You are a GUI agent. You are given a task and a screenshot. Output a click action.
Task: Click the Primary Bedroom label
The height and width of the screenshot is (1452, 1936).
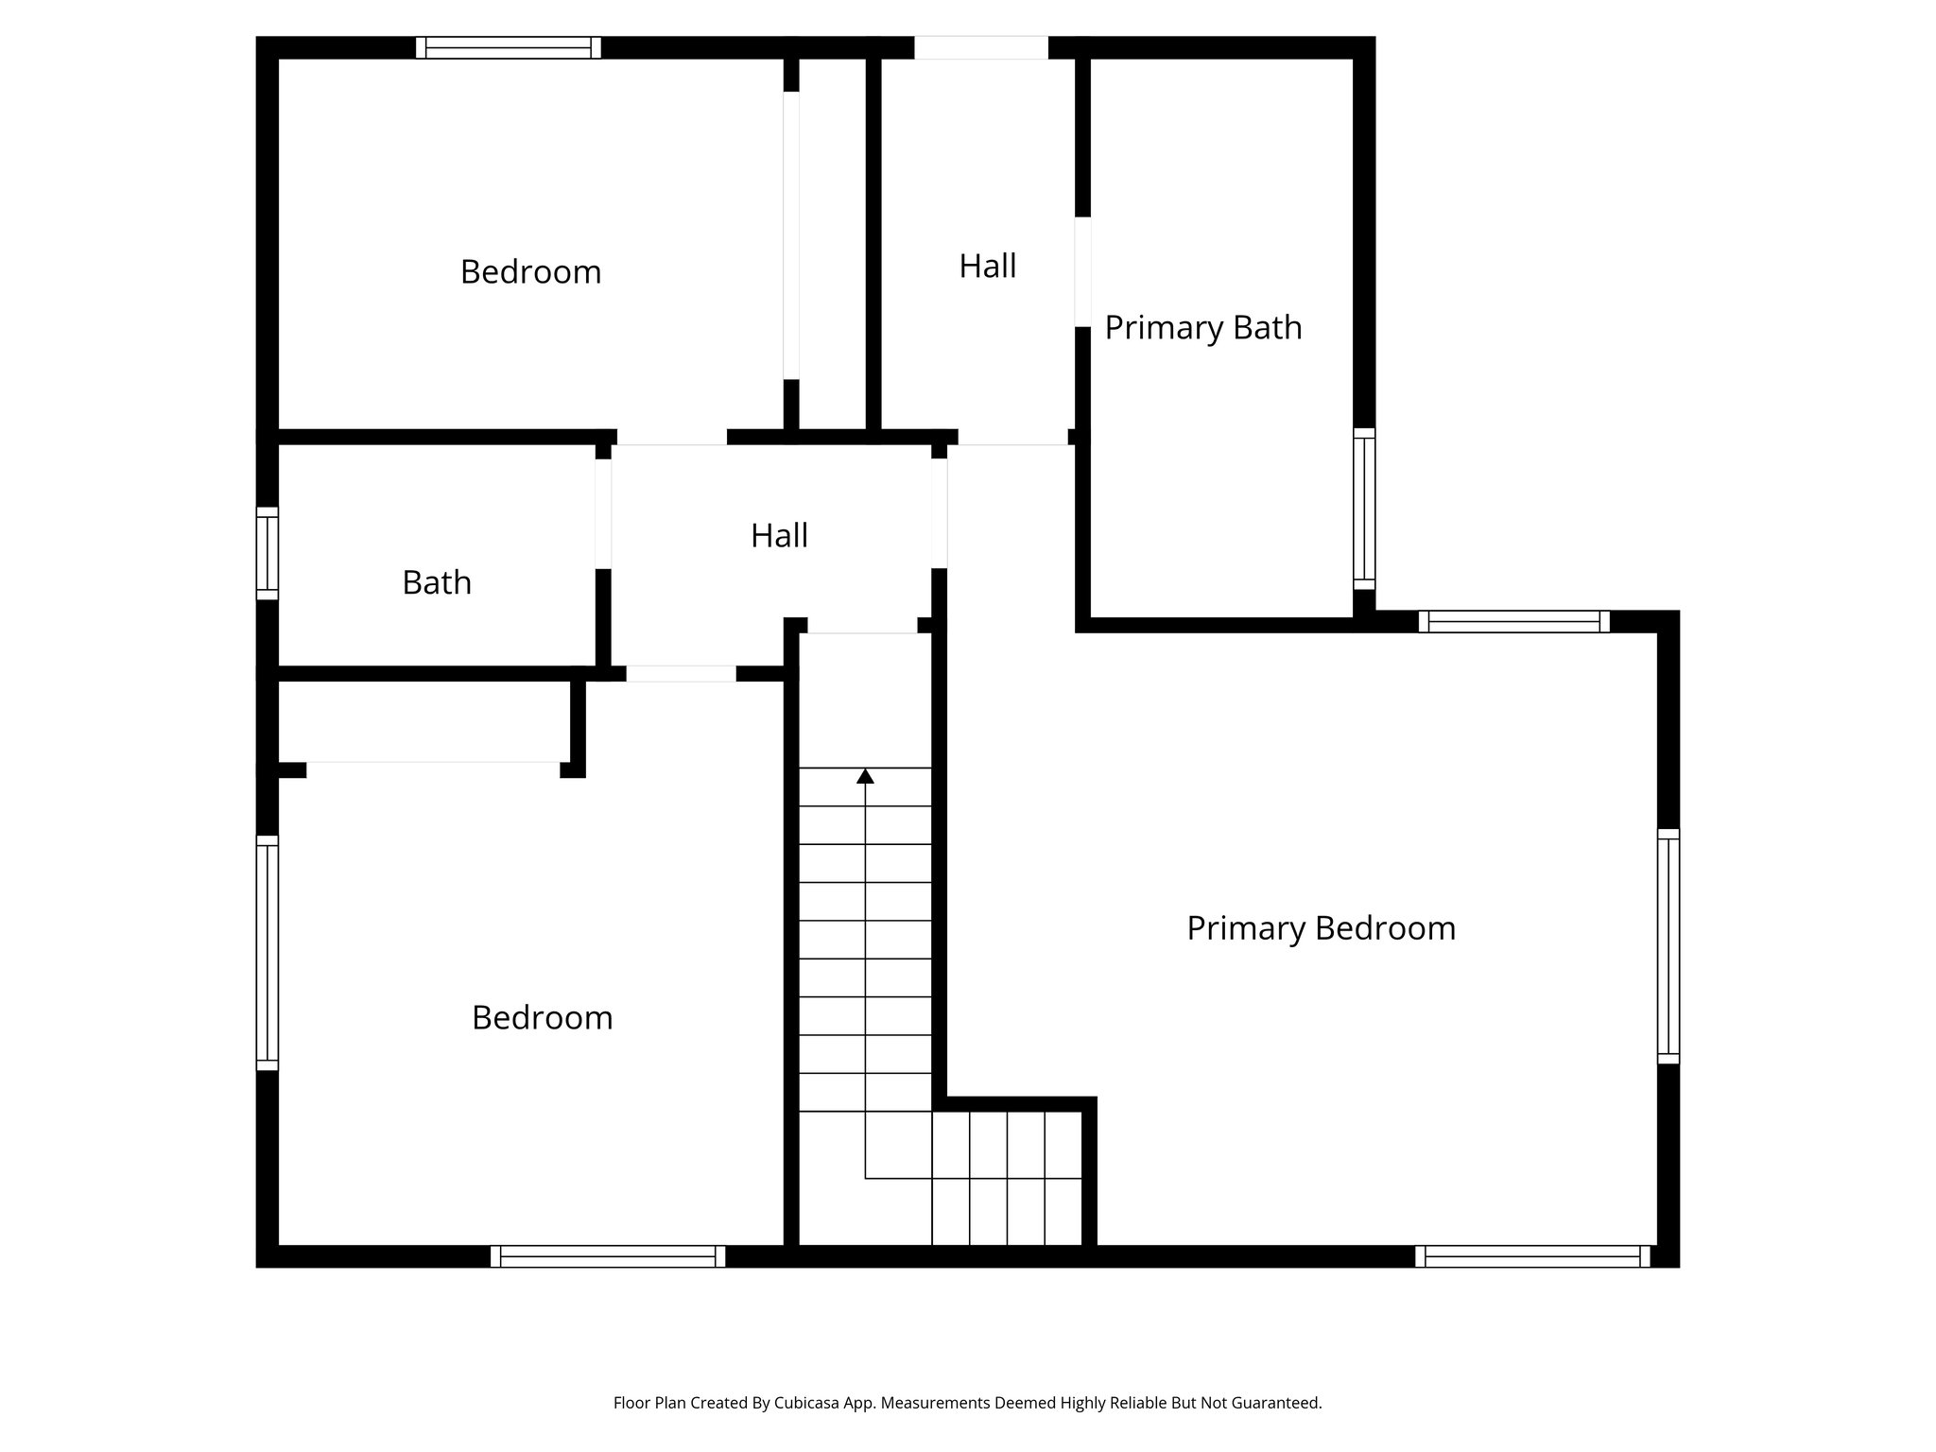click(1321, 928)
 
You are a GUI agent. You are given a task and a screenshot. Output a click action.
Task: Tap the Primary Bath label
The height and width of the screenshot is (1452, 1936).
click(1202, 328)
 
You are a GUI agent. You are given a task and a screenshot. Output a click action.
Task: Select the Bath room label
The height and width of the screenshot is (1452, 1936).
click(436, 582)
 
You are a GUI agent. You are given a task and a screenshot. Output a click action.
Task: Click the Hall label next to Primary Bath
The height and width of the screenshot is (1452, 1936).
click(987, 267)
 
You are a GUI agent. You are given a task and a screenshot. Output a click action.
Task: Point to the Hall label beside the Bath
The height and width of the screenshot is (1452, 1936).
click(779, 536)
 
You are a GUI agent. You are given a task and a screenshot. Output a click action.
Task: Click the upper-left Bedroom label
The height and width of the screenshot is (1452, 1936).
click(530, 272)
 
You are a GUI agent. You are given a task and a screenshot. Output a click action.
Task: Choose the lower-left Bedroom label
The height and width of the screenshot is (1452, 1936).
click(542, 1018)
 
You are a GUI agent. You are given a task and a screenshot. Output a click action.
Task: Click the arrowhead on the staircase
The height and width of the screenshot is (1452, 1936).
click(865, 776)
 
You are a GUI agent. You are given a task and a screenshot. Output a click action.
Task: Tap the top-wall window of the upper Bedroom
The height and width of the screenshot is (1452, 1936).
click(508, 47)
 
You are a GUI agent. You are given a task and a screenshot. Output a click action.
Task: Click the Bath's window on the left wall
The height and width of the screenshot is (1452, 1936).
click(268, 553)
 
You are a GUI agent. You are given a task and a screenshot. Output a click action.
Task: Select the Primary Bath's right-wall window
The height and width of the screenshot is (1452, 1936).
click(1363, 509)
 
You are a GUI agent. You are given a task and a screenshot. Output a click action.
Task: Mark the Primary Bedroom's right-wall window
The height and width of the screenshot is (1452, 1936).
click(1668, 946)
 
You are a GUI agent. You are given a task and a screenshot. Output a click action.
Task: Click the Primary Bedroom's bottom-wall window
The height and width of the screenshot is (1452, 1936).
click(1531, 1256)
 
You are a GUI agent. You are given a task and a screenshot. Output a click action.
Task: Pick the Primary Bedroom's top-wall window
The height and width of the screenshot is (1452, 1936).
click(1513, 621)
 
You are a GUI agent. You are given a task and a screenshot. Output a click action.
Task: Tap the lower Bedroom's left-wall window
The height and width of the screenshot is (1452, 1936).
click(268, 953)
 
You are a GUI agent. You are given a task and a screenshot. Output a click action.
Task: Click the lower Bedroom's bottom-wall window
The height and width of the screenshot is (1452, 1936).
click(608, 1256)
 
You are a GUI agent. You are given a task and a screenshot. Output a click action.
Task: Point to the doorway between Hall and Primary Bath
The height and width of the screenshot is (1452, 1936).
click(1082, 272)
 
